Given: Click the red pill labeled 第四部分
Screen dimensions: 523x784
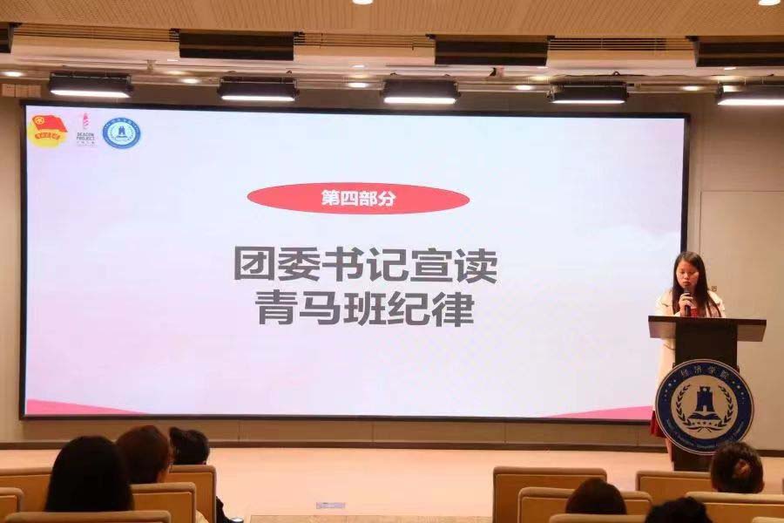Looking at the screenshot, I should click(x=358, y=199).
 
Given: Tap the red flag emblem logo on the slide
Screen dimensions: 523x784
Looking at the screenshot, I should click(x=48, y=132).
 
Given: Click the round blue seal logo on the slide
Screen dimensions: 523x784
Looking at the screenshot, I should click(x=121, y=132).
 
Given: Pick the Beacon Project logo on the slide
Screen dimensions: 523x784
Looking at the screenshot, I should click(x=84, y=128).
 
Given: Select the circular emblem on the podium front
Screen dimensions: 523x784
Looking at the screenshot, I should click(x=704, y=406).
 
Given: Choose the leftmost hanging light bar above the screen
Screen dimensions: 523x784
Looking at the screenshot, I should click(x=91, y=85).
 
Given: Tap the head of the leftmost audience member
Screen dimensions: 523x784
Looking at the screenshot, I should click(x=88, y=475).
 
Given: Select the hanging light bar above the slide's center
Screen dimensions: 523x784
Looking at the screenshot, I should click(x=420, y=90).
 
